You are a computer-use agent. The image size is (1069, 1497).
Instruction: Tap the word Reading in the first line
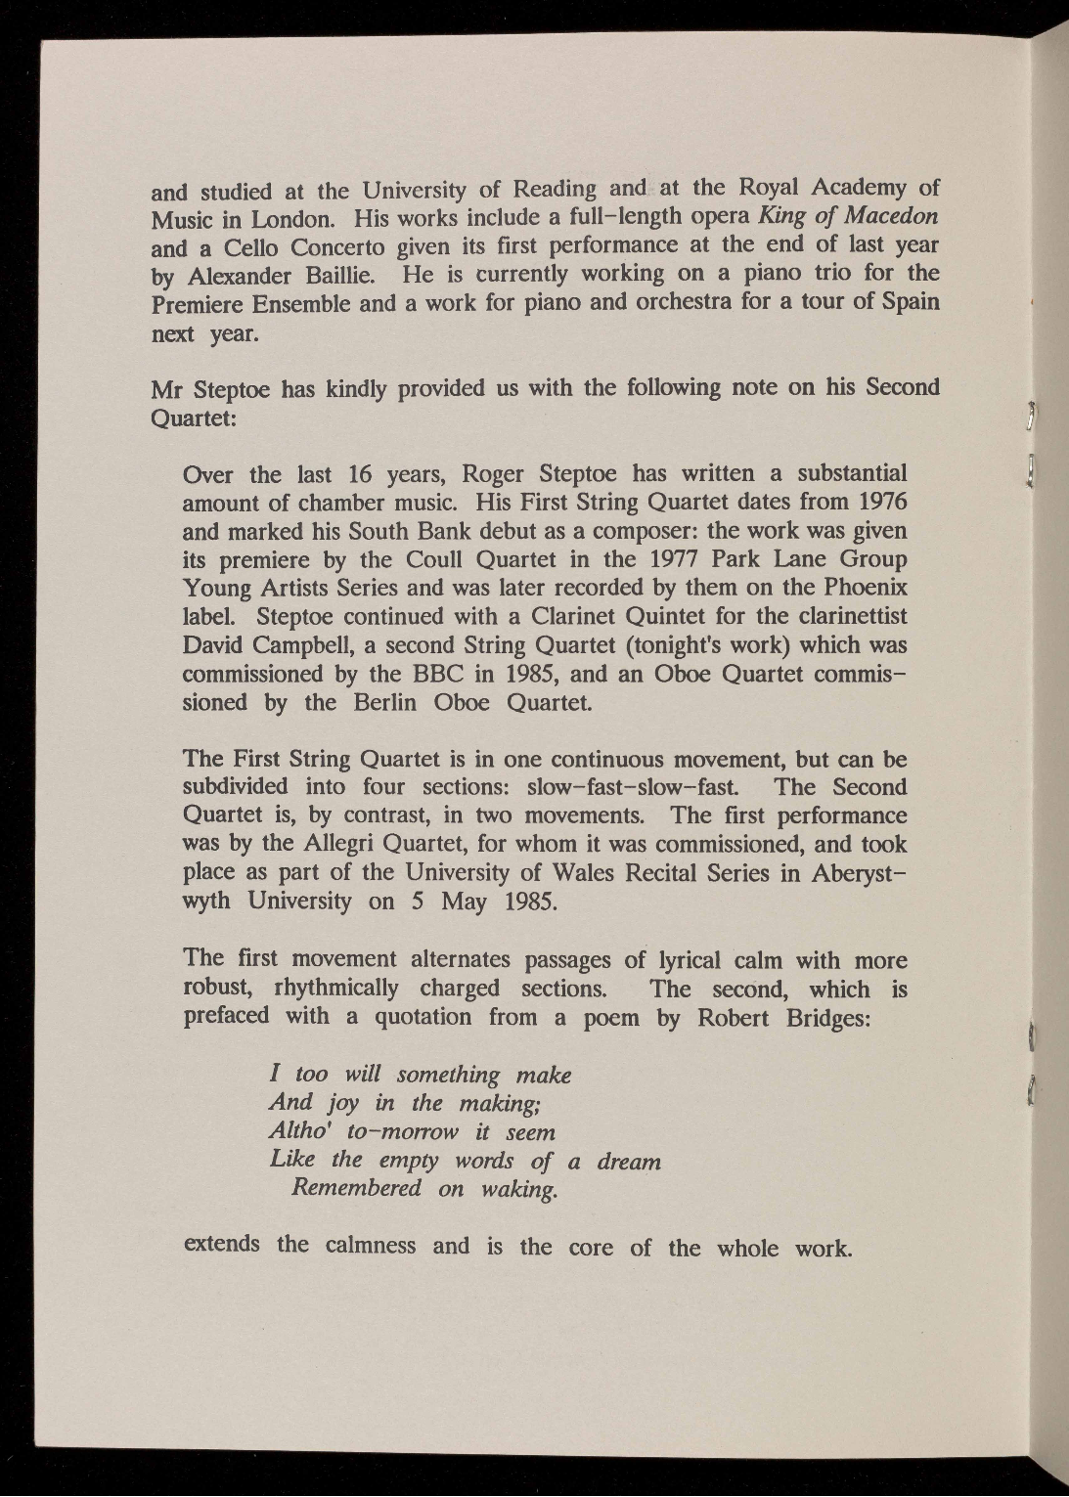coord(555,188)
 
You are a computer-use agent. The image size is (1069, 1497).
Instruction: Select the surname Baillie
coord(330,274)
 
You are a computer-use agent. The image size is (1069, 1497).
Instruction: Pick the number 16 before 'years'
coord(361,475)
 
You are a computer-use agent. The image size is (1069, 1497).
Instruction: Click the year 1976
coord(877,502)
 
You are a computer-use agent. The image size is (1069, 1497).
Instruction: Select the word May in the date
coord(464,901)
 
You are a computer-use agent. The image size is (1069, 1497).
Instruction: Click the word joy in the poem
coord(342,1104)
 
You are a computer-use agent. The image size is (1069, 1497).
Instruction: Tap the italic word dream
coord(629,1162)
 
